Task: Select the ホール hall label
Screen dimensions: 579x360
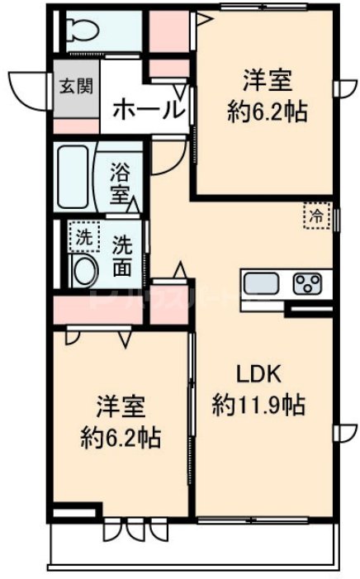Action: click(x=147, y=108)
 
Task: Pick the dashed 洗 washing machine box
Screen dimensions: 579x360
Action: click(x=83, y=238)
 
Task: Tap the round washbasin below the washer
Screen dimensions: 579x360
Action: click(x=83, y=271)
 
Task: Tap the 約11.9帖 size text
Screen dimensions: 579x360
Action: click(x=258, y=404)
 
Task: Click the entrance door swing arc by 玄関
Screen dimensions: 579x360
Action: click(x=27, y=87)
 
